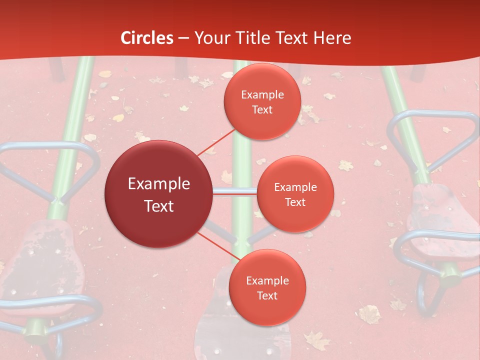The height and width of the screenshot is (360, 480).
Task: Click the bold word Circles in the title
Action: tap(147, 38)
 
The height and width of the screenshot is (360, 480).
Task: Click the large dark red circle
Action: tap(158, 194)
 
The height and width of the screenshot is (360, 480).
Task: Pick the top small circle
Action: tap(262, 101)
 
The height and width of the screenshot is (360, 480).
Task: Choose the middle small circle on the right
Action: tap(295, 194)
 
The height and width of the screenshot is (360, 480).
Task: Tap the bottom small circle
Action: tap(267, 287)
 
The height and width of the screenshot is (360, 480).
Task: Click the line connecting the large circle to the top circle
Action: tap(215, 141)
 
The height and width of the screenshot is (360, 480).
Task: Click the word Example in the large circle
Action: tap(158, 184)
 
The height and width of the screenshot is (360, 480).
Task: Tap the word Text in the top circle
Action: tap(262, 110)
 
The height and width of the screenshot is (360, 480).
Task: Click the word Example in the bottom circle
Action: tap(267, 280)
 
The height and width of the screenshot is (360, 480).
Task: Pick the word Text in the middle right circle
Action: tap(295, 202)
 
